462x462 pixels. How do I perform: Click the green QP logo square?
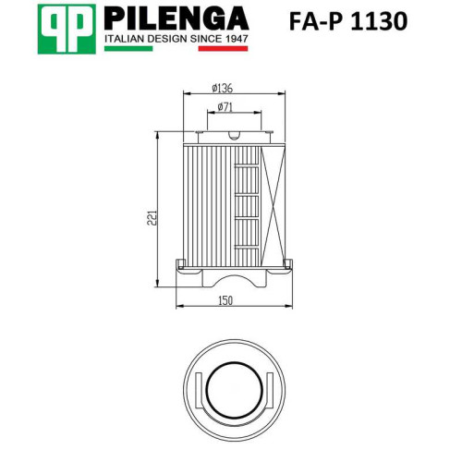(x=67, y=30)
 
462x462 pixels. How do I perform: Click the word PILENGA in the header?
(x=176, y=18)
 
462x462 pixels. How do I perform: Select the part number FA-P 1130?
(x=348, y=21)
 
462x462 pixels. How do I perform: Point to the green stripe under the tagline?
(x=128, y=48)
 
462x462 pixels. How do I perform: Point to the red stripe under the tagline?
(x=223, y=48)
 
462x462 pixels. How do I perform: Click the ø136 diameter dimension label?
(x=222, y=88)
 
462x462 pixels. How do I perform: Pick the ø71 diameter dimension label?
(x=225, y=107)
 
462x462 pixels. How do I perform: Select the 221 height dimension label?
(x=152, y=218)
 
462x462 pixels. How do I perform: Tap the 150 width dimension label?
(x=225, y=300)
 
